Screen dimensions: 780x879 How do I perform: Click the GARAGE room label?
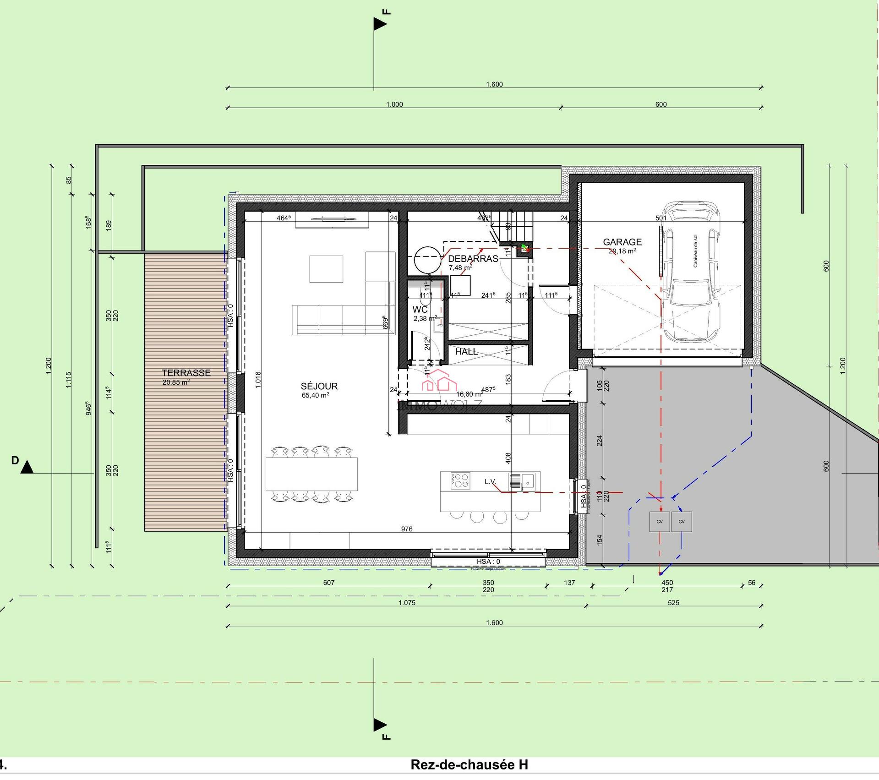pyautogui.click(x=622, y=242)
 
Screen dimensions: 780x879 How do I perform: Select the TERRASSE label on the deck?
pyautogui.click(x=186, y=373)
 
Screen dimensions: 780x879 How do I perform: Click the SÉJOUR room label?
pyautogui.click(x=319, y=386)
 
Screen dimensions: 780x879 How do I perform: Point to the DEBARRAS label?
pyautogui.click(x=473, y=258)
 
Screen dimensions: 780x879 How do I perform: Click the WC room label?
pyautogui.click(x=420, y=310)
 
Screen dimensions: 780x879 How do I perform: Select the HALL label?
pyautogui.click(x=466, y=352)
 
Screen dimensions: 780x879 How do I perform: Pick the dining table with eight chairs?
pyautogui.click(x=312, y=474)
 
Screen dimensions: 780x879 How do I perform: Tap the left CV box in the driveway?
pyautogui.click(x=660, y=522)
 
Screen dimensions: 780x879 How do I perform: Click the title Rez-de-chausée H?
pyautogui.click(x=469, y=764)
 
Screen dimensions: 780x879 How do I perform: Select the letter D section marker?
pyautogui.click(x=16, y=460)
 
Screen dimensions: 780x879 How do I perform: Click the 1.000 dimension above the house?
pyautogui.click(x=394, y=104)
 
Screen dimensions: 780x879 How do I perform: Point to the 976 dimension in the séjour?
pyautogui.click(x=407, y=529)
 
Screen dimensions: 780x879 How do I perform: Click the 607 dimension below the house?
pyautogui.click(x=329, y=583)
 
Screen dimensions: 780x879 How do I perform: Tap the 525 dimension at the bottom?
pyautogui.click(x=673, y=603)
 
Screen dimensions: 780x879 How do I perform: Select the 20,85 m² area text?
pyautogui.click(x=176, y=382)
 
